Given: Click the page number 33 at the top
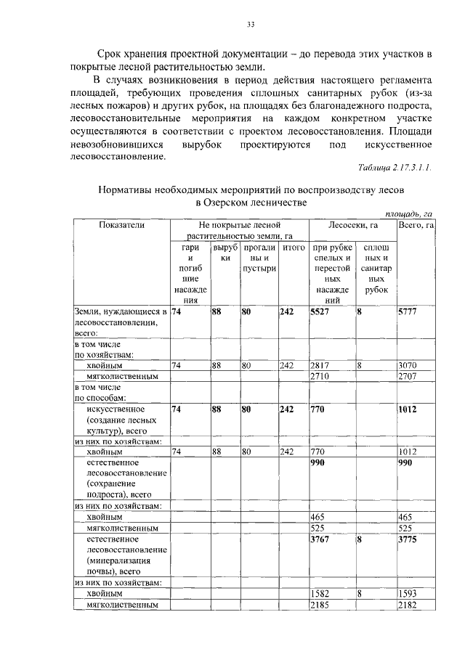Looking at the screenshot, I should (250, 25).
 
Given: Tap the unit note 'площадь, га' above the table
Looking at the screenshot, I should (408, 214).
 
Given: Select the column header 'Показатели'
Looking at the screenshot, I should (121, 226).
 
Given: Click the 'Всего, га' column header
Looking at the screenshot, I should (416, 226).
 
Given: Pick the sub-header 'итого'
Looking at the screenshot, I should (293, 248).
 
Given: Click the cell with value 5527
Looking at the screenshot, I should (321, 311).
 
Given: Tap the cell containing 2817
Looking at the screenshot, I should (320, 366).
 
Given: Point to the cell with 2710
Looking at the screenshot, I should (320, 377).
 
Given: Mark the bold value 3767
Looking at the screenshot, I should (320, 539).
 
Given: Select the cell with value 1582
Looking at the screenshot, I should (320, 594).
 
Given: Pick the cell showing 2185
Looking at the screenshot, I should (320, 605).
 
